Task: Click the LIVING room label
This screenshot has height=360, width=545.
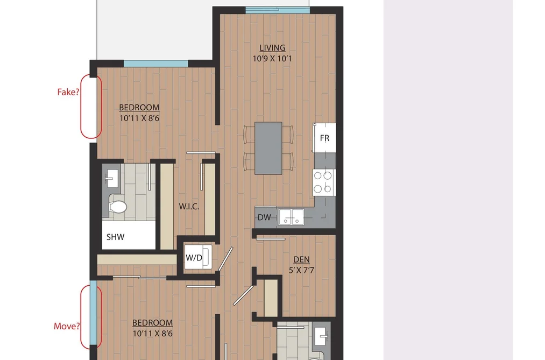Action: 272,47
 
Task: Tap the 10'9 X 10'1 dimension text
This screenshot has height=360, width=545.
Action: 272,58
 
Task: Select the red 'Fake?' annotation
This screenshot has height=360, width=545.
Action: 68,92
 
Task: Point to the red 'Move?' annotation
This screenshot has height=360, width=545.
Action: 67,326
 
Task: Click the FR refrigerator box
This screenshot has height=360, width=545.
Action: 324,138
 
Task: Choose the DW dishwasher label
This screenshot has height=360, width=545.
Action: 264,217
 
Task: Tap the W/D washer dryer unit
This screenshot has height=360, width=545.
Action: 198,257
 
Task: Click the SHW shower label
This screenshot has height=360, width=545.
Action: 115,237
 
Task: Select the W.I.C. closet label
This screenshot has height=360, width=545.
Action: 189,207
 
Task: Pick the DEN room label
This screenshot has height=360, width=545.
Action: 301,259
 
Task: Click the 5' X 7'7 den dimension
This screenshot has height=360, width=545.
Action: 301,270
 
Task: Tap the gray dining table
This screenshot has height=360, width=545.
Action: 268,148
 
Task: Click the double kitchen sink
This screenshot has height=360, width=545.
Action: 291,216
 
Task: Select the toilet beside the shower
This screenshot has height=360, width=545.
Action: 117,207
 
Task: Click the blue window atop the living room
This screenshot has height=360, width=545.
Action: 278,10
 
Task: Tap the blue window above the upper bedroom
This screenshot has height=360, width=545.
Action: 155,63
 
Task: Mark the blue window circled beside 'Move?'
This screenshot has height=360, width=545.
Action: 93,313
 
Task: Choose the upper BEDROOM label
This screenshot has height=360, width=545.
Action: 139,108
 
